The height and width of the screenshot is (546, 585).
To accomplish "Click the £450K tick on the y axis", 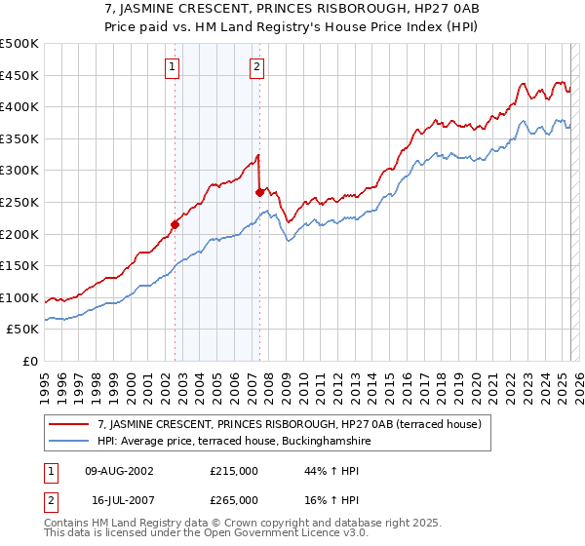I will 19,75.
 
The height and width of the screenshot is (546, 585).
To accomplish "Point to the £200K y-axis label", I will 19,234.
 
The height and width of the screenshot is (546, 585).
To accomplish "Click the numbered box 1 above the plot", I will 172,67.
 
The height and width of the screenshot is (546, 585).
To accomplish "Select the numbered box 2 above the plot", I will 255,67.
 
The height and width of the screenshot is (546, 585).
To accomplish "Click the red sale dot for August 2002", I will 175,224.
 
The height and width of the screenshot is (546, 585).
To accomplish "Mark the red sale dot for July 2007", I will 259,193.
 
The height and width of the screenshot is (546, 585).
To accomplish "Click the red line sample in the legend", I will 70,424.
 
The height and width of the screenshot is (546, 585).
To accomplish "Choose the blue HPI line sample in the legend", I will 70,441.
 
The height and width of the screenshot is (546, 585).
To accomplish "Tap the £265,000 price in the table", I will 234,499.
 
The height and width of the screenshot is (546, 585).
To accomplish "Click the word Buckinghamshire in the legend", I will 324,441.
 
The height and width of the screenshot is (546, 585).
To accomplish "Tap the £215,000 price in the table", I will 234,471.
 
